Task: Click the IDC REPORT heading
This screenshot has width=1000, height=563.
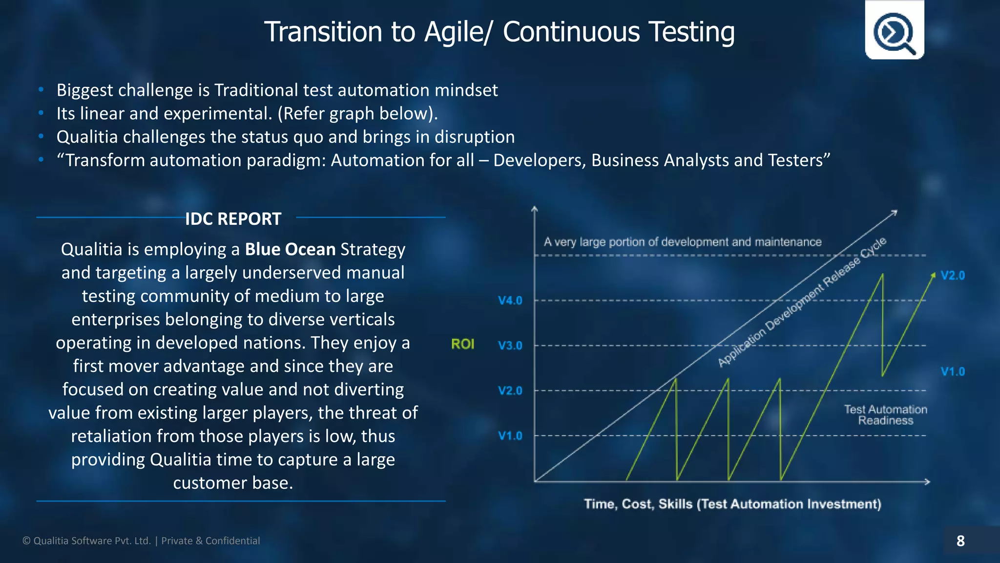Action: click(x=233, y=219)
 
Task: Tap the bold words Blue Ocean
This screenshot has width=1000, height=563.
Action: click(x=290, y=249)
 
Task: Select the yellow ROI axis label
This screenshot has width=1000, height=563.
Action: click(x=462, y=344)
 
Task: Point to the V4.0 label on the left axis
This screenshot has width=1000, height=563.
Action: click(x=510, y=301)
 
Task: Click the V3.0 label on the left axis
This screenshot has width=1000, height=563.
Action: click(x=510, y=346)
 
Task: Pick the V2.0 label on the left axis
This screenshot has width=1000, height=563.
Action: click(x=510, y=390)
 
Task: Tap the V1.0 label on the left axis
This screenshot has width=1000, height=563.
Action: click(x=510, y=435)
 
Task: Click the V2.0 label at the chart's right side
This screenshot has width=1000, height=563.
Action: click(x=953, y=276)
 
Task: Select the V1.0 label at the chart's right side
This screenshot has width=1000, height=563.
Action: click(x=953, y=371)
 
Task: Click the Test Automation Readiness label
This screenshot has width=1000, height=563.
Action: click(x=885, y=415)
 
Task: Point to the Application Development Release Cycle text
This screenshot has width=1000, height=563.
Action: click(x=801, y=303)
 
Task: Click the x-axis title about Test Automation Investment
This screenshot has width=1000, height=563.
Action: click(x=732, y=504)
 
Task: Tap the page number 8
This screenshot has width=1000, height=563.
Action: click(x=960, y=541)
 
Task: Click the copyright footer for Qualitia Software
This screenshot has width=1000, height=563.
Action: click(x=141, y=541)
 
